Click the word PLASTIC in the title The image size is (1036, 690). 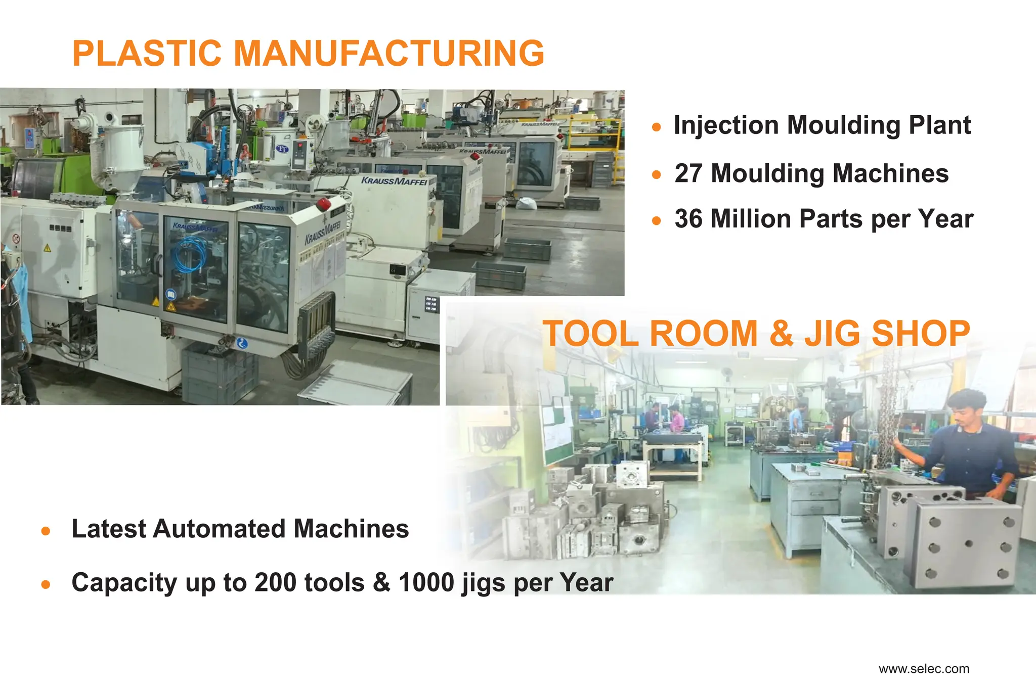pos(147,53)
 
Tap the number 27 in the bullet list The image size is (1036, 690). pos(688,173)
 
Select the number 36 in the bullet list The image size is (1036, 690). pos(688,219)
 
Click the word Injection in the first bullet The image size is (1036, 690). pos(726,125)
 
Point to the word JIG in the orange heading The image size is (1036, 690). pos(832,334)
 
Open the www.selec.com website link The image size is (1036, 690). pos(924,669)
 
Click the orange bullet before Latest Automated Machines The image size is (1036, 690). pos(46,531)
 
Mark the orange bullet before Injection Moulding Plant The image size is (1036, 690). pos(657,127)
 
